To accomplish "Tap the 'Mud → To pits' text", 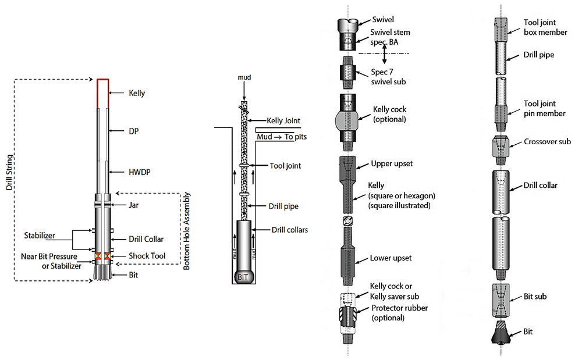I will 281,137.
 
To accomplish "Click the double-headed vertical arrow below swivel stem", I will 384,54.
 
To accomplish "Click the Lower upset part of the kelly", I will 347,258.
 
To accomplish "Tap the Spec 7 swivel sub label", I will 388,78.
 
